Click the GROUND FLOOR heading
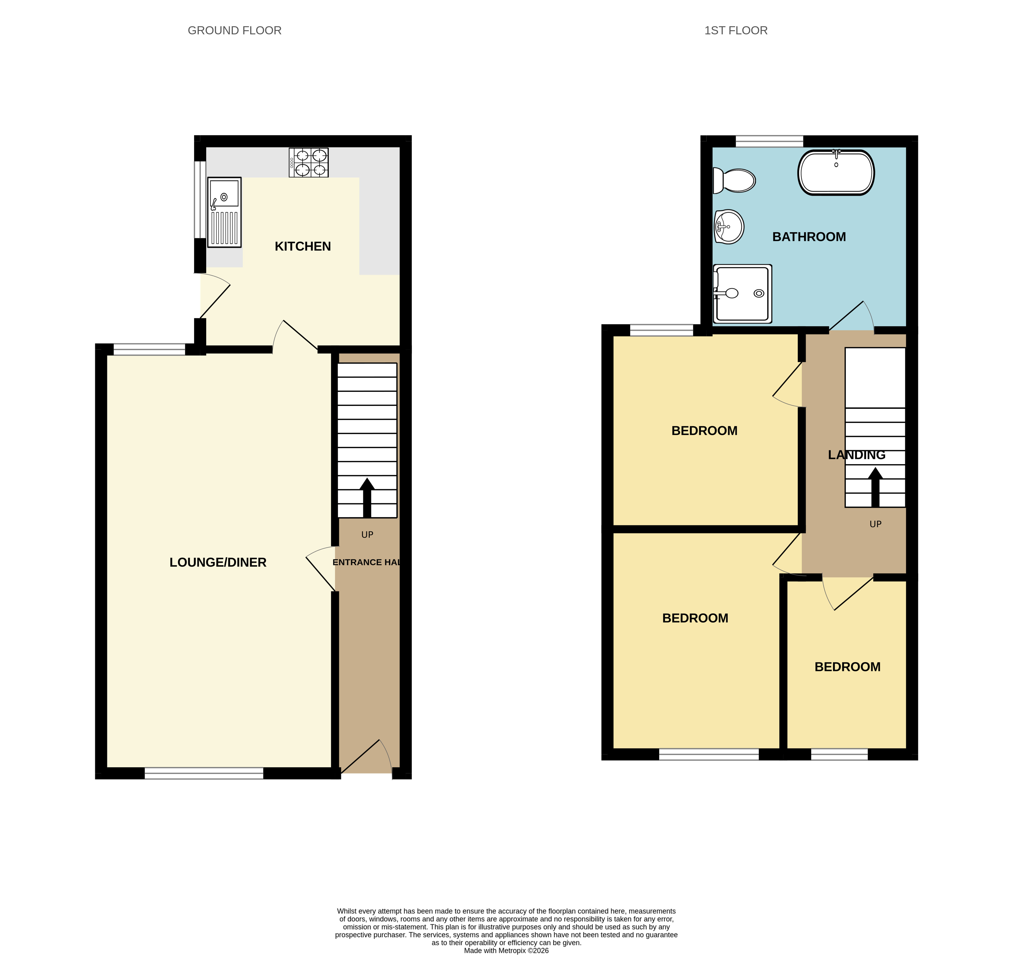click(x=234, y=31)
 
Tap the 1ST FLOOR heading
click(x=736, y=31)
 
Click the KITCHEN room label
click(x=303, y=246)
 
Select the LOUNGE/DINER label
click(x=218, y=563)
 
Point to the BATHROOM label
click(x=809, y=237)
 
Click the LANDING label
click(x=856, y=455)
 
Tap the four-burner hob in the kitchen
click(x=309, y=162)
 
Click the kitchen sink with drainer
click(x=224, y=212)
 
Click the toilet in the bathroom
click(x=734, y=181)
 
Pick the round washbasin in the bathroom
click(x=729, y=226)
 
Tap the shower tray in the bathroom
click(x=742, y=294)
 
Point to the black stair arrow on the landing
click(x=876, y=487)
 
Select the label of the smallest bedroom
click(x=847, y=667)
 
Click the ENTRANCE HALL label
click(x=366, y=562)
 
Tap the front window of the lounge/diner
click(x=204, y=773)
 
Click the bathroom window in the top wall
click(x=769, y=141)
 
